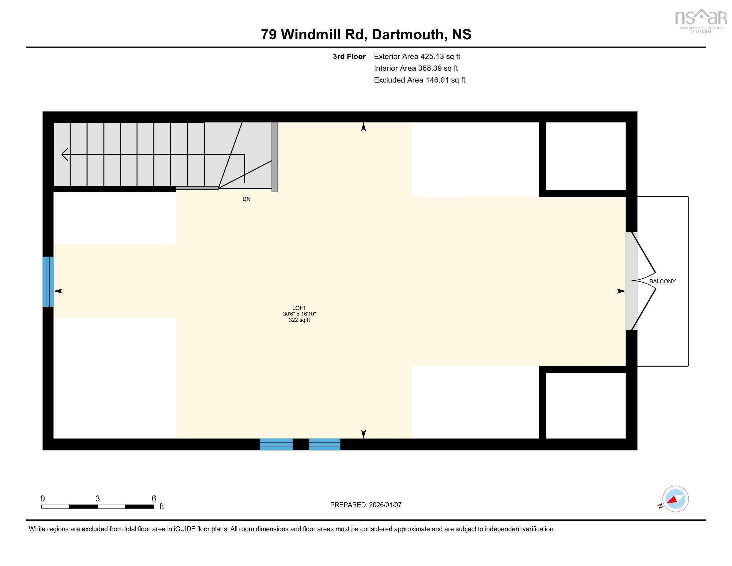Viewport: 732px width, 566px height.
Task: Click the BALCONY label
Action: click(x=662, y=281)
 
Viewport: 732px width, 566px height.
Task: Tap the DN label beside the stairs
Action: click(x=246, y=199)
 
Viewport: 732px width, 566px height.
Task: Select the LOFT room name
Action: click(x=299, y=308)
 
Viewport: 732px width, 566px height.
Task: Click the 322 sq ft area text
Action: click(x=299, y=320)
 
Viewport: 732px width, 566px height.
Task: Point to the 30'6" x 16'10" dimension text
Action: click(x=299, y=314)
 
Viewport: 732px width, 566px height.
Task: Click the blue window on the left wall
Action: click(x=48, y=281)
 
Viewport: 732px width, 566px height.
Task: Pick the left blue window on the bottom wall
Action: click(x=276, y=444)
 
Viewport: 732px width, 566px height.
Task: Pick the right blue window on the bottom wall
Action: click(x=324, y=444)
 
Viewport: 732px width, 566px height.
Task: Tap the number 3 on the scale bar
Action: click(x=97, y=498)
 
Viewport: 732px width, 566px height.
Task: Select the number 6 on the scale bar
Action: click(x=154, y=498)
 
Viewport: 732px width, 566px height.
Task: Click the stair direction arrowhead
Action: click(x=65, y=154)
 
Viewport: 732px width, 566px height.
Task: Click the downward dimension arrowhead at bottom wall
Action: click(x=363, y=434)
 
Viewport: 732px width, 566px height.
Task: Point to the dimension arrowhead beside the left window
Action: click(x=58, y=291)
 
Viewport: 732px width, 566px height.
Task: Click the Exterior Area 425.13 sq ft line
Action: click(x=417, y=56)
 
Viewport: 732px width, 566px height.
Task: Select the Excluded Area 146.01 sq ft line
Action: click(x=420, y=80)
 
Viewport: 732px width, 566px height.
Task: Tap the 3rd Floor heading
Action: click(x=349, y=56)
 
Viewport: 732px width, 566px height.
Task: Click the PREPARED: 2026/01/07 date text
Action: click(x=366, y=505)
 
